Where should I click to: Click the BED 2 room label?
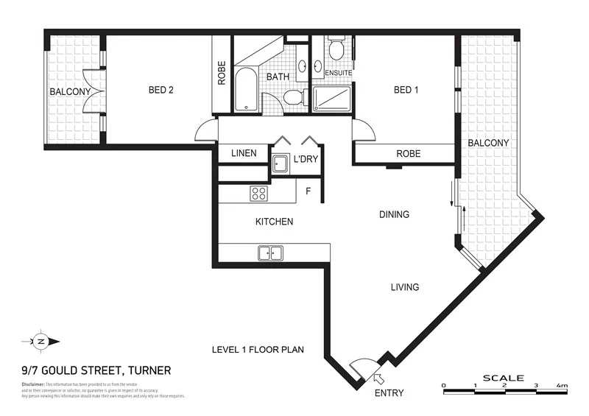coord(161,91)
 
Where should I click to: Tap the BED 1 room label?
coord(406,91)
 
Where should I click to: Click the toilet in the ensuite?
coord(336,50)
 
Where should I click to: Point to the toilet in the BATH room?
coord(294,97)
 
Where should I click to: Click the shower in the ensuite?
coord(331,98)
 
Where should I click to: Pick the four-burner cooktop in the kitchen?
coord(259,194)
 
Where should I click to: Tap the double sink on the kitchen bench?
coord(270,253)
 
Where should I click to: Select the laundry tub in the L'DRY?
coord(280,163)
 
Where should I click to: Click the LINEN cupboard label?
coord(244,153)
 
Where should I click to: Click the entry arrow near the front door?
coord(378,378)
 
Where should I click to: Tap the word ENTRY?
coord(389,393)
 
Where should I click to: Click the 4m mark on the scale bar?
coord(562,385)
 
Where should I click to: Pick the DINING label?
coord(394,215)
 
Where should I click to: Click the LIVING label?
coord(405,287)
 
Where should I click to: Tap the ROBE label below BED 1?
coord(409,154)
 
